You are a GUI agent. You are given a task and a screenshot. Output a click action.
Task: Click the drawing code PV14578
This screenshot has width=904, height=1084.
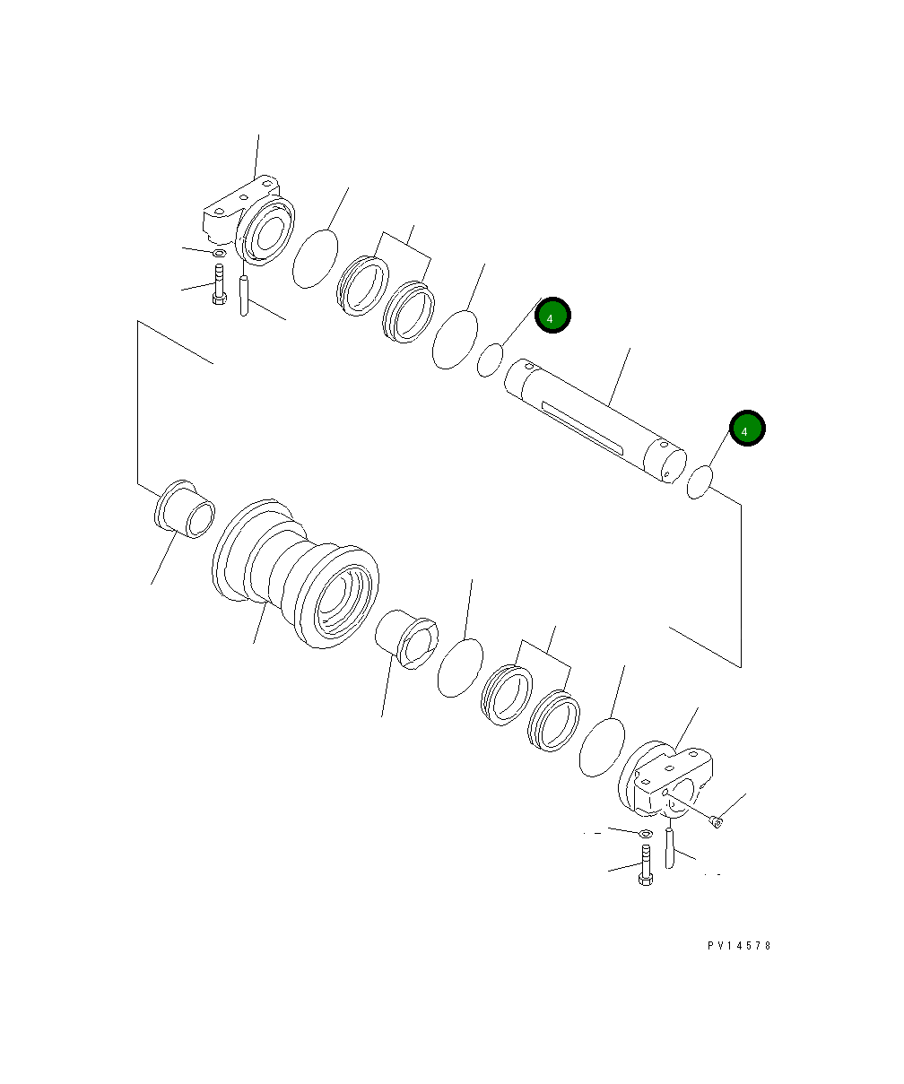coord(738,946)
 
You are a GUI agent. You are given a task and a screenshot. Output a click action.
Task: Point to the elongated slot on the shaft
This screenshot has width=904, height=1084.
coord(583,428)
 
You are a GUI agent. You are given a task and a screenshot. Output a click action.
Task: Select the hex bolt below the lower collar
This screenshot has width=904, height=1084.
coord(645,864)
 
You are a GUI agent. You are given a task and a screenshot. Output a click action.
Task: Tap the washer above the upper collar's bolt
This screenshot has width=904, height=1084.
coord(219,254)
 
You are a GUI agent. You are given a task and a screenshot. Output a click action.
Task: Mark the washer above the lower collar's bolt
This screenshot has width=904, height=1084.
coord(645,834)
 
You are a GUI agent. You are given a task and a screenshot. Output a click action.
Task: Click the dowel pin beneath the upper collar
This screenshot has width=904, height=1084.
coord(243,296)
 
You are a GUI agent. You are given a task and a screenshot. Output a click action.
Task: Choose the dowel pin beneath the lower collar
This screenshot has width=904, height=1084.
coord(669,848)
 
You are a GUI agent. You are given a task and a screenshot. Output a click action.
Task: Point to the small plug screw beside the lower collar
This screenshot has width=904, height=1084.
coord(715,820)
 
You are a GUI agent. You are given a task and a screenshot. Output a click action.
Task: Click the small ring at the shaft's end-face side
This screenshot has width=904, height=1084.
coord(700,481)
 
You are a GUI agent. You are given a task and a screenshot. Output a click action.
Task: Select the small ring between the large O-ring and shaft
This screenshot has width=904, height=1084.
coord(490,359)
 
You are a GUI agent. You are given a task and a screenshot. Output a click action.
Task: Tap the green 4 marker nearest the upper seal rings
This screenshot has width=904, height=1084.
coord(552,316)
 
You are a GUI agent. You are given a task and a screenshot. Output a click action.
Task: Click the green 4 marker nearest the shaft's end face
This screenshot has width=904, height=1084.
coord(746,429)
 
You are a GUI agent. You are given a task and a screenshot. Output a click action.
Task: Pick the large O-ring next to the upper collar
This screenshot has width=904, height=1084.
coord(316,259)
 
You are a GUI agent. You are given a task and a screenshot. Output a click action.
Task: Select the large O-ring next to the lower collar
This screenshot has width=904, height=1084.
coord(601,747)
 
